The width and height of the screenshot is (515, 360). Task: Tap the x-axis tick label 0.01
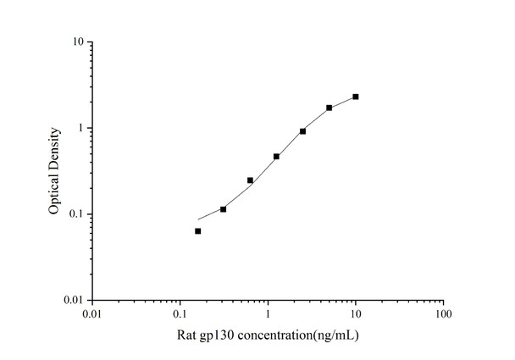point(92,315)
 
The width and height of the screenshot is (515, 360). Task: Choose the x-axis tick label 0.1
point(180,315)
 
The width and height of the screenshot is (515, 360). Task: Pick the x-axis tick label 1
point(268,315)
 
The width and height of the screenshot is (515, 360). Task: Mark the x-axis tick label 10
point(355,315)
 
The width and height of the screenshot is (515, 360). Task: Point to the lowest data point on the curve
point(197,230)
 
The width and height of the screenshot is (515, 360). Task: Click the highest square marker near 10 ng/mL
point(356,97)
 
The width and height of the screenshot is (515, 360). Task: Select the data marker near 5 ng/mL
point(329,108)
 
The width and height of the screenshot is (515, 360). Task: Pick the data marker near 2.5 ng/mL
point(302,131)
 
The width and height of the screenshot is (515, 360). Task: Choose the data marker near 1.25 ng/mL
point(276,157)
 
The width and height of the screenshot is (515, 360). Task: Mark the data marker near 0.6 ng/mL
point(250,180)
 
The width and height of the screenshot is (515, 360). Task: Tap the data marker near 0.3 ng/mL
point(223,208)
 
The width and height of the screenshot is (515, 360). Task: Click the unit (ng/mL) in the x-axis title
point(336,336)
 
